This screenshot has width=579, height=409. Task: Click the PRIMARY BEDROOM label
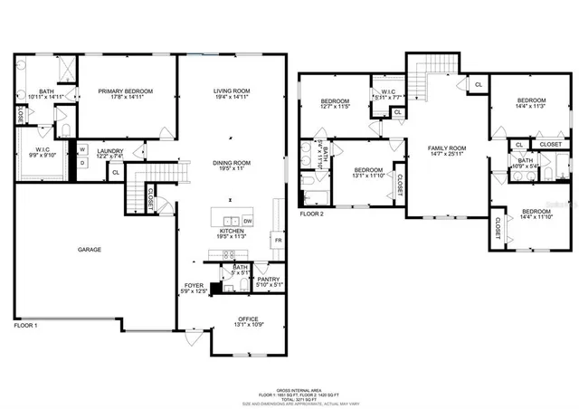(x=125, y=91)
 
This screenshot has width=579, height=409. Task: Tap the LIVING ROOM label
(x=231, y=91)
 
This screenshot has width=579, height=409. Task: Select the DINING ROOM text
(x=232, y=163)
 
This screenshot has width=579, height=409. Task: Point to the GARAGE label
(x=89, y=249)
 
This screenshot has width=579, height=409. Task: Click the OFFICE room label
(x=249, y=319)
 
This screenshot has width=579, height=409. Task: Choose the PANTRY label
(x=268, y=280)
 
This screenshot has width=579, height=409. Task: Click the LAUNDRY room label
(x=110, y=151)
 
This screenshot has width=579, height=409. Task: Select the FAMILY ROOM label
(x=446, y=147)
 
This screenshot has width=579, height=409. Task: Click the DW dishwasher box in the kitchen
(x=248, y=220)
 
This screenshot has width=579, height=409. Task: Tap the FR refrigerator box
(x=278, y=241)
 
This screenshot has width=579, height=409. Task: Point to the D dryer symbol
(x=81, y=163)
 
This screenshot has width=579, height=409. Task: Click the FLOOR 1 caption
(x=25, y=323)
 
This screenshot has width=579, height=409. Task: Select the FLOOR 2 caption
(x=313, y=214)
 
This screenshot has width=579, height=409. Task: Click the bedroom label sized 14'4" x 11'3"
(x=531, y=100)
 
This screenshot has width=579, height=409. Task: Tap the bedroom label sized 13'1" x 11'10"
(x=368, y=170)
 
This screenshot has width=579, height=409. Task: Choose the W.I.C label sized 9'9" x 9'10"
(x=43, y=151)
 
